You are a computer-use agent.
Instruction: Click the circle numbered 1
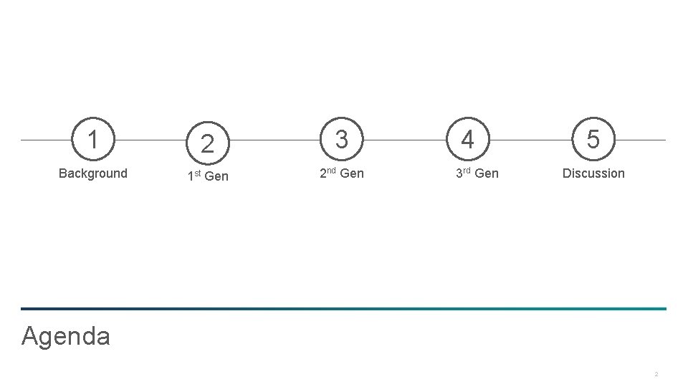pos(92,139)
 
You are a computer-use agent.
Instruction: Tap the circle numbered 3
pos(342,139)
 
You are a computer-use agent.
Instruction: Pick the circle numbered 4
pos(467,139)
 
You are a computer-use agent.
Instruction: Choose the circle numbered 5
pos(593,139)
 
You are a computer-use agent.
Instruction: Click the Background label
pos(92,173)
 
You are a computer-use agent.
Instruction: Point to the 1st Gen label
pos(207,176)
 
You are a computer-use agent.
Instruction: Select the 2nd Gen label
pos(341,173)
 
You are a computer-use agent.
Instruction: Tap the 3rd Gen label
pos(477,173)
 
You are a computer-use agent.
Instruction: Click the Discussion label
pos(593,173)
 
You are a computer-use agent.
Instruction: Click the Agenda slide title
pos(66,335)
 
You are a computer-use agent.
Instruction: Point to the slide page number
pos(656,374)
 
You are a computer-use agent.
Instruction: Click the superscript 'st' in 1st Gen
pos(198,173)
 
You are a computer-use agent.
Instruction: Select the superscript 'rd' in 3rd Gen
pos(468,171)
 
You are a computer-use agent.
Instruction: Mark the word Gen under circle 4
pos(487,173)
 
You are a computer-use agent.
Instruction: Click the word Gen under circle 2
pos(216,176)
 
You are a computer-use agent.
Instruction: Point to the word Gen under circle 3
pos(351,173)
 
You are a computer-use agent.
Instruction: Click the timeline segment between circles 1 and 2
pos(150,140)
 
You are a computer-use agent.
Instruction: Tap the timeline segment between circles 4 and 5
pos(530,140)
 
